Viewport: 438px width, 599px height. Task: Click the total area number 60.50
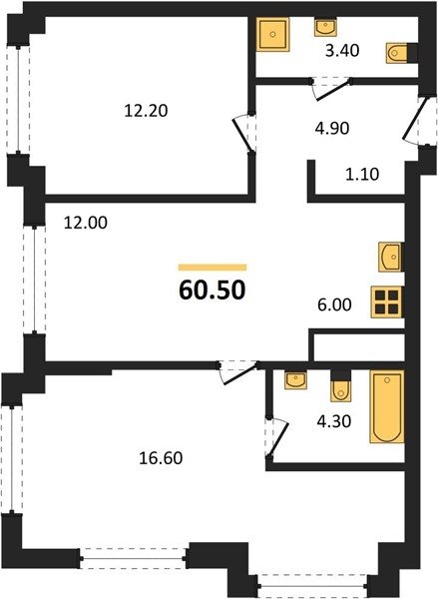click(212, 291)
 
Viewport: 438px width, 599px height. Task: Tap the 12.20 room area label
click(147, 111)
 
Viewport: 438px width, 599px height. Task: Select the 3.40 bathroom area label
click(342, 51)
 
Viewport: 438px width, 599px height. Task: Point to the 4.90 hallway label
click(332, 129)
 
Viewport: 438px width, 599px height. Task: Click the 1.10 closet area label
click(362, 174)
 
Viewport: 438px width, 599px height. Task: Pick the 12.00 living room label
click(86, 223)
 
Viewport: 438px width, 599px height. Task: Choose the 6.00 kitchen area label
click(334, 304)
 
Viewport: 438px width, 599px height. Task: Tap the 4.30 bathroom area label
click(334, 421)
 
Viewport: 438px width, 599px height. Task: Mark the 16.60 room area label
click(161, 458)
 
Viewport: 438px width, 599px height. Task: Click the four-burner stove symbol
click(387, 302)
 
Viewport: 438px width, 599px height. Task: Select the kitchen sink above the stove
click(390, 257)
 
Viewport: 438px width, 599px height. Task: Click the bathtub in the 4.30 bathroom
click(387, 406)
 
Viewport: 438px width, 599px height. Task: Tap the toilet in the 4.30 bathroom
click(340, 386)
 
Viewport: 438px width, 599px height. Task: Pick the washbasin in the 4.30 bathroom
click(296, 379)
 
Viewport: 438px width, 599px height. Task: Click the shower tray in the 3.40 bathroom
click(272, 34)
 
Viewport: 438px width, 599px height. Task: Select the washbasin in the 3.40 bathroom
click(325, 27)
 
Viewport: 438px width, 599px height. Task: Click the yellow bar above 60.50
click(213, 268)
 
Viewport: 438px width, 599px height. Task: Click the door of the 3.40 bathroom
click(332, 90)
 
